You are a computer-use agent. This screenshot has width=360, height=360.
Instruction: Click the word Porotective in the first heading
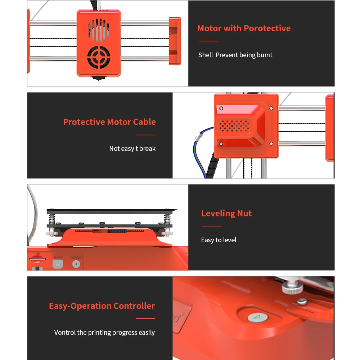point(267,28)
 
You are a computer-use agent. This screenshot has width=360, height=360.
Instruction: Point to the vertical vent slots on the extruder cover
point(99,31)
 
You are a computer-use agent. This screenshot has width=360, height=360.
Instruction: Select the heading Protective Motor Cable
point(109,122)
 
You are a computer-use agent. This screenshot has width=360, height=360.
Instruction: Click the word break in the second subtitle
point(147,149)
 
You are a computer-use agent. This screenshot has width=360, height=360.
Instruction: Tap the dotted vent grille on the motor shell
point(234,125)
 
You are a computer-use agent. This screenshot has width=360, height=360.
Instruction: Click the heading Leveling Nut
point(226,213)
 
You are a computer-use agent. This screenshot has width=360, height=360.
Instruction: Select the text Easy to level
point(219,240)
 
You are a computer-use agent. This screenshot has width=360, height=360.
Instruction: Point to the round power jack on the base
point(76,264)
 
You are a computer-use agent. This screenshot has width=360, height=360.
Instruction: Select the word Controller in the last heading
point(134,306)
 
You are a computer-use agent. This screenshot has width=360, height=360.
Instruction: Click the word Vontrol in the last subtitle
point(65,333)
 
